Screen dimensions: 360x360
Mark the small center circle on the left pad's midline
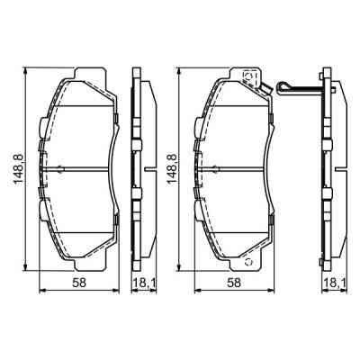tap(59, 169)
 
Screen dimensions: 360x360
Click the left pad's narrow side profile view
tap(138, 167)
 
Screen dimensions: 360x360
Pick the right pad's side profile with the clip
tap(329, 167)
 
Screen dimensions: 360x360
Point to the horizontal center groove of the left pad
tap(85, 167)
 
